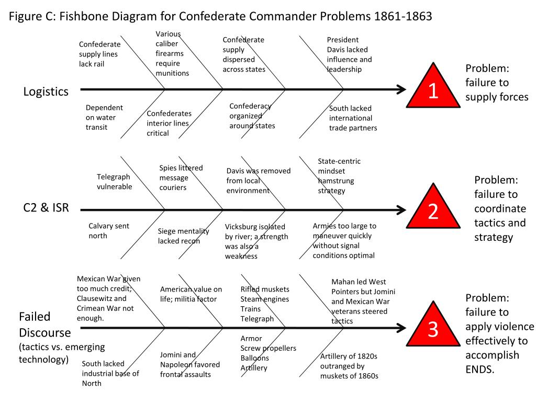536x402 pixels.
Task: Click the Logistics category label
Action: [x=46, y=92]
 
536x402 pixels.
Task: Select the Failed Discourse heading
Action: [x=35, y=325]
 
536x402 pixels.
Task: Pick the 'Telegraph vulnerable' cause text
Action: [x=114, y=182]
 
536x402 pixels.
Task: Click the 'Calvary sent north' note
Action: [x=108, y=231]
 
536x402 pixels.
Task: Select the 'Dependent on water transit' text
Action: [x=104, y=117]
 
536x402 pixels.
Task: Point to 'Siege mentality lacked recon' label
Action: [x=183, y=236]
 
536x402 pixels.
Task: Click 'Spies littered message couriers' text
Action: [x=181, y=177]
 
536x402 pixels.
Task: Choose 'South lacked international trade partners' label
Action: [x=353, y=118]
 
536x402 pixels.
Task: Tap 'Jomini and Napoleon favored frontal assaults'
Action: [x=189, y=364]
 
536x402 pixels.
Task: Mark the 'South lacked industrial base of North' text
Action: [x=110, y=373]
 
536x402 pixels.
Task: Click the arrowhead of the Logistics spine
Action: [x=401, y=90]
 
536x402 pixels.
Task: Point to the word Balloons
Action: [x=255, y=358]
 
